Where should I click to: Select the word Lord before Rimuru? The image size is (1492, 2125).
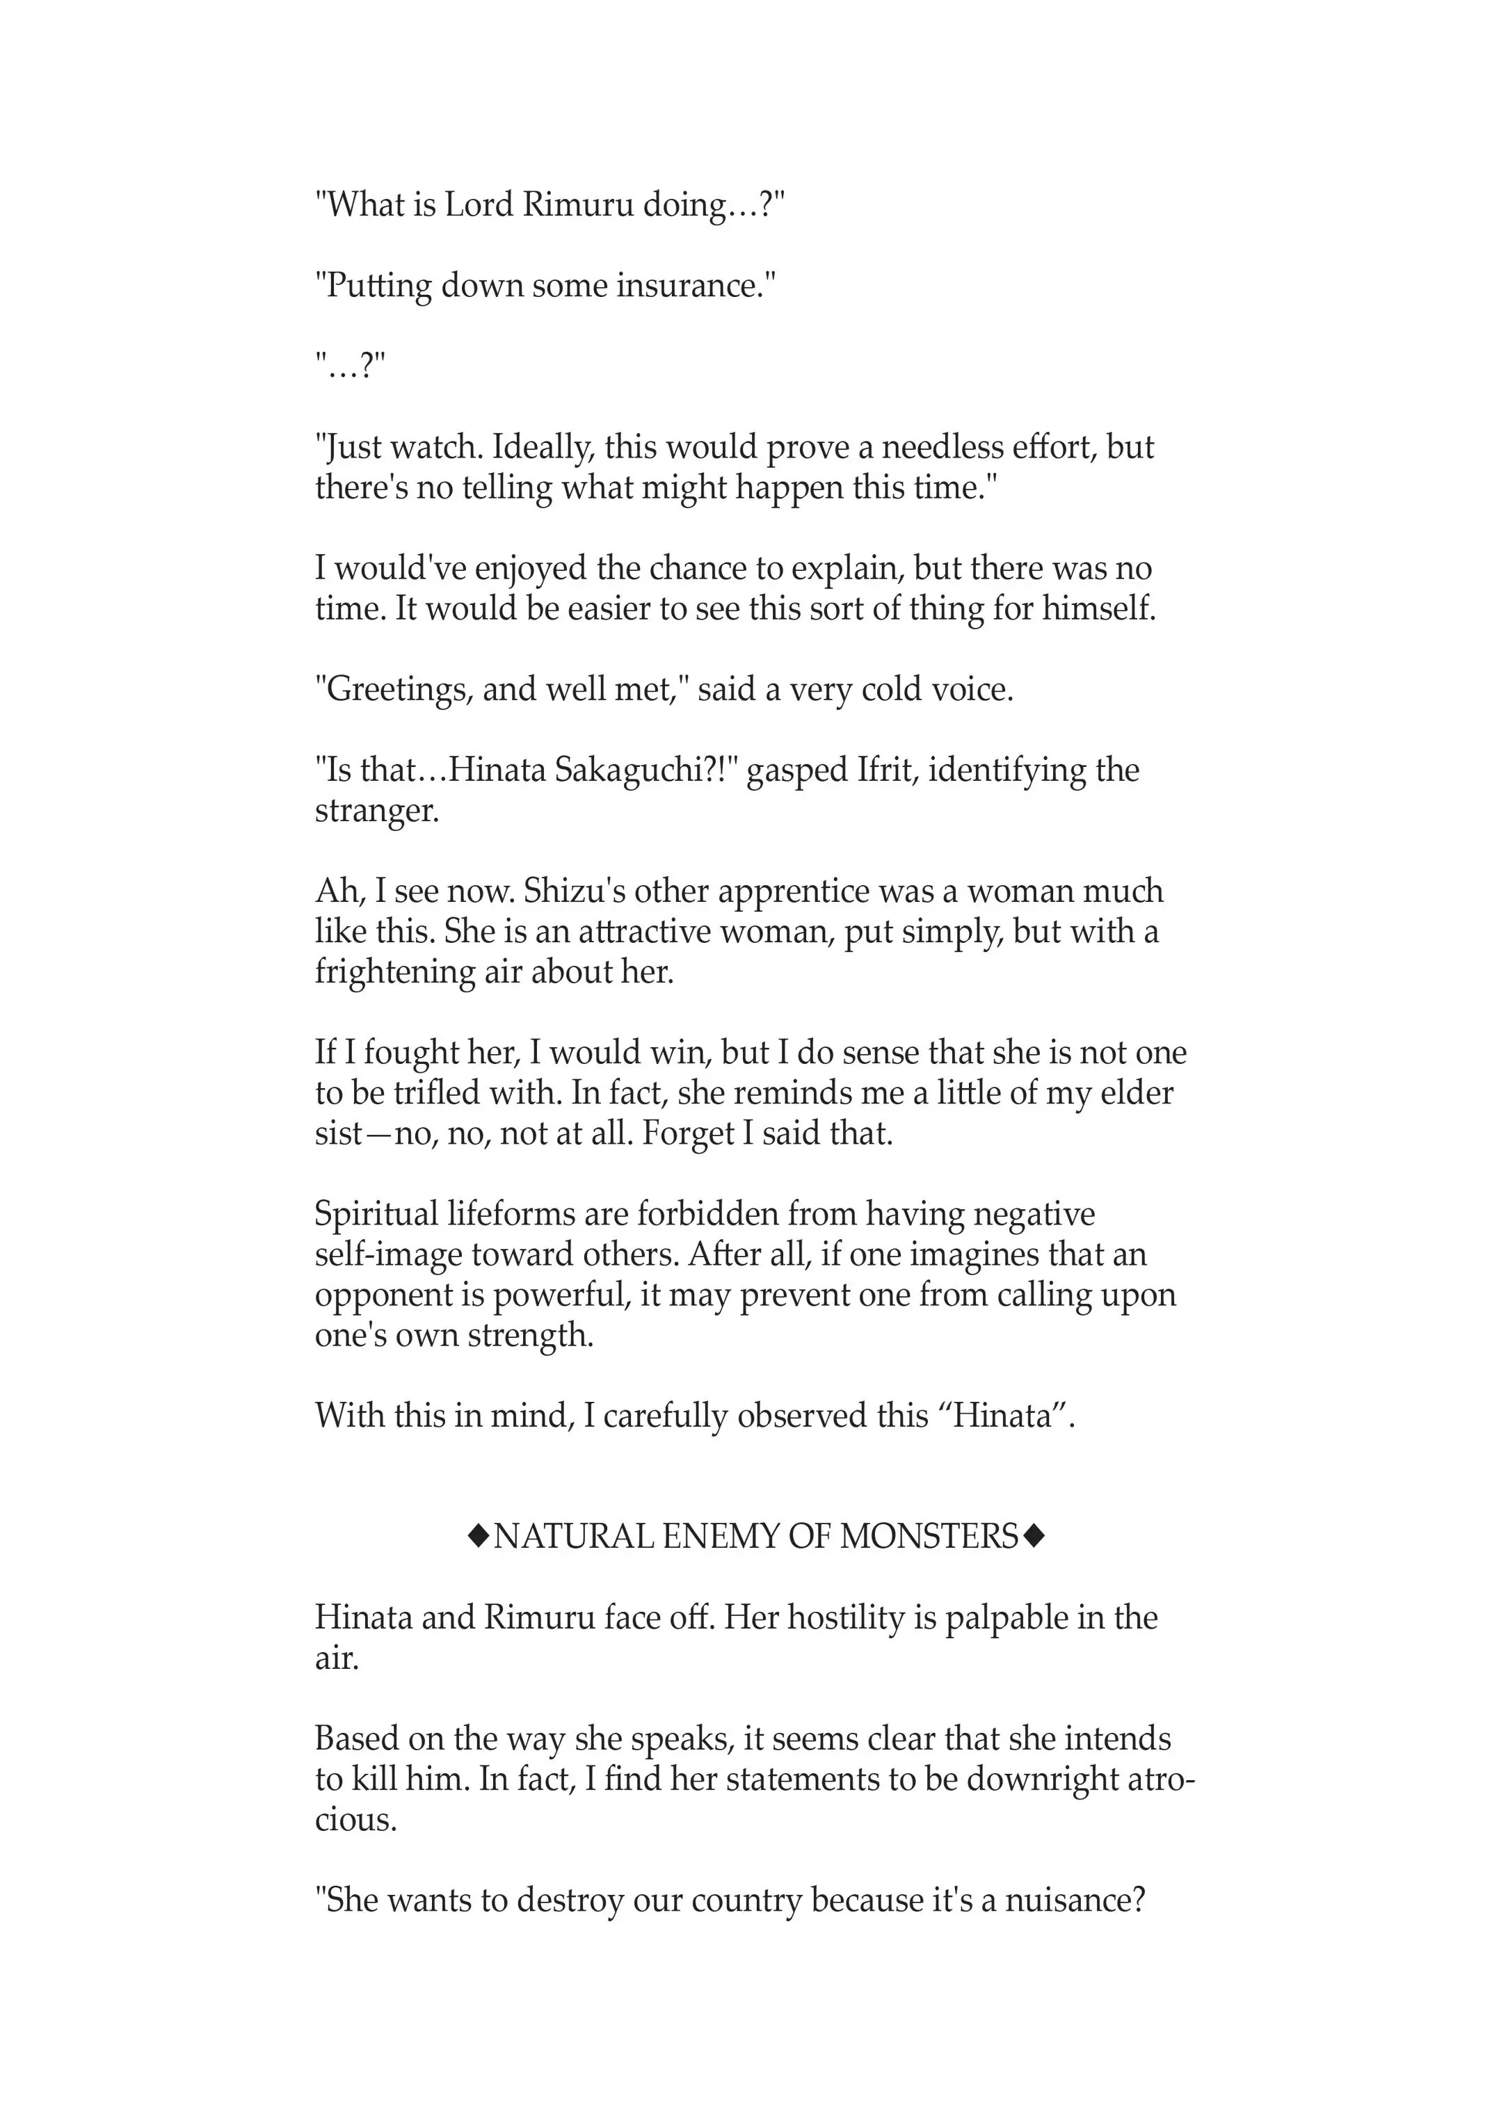479,204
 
